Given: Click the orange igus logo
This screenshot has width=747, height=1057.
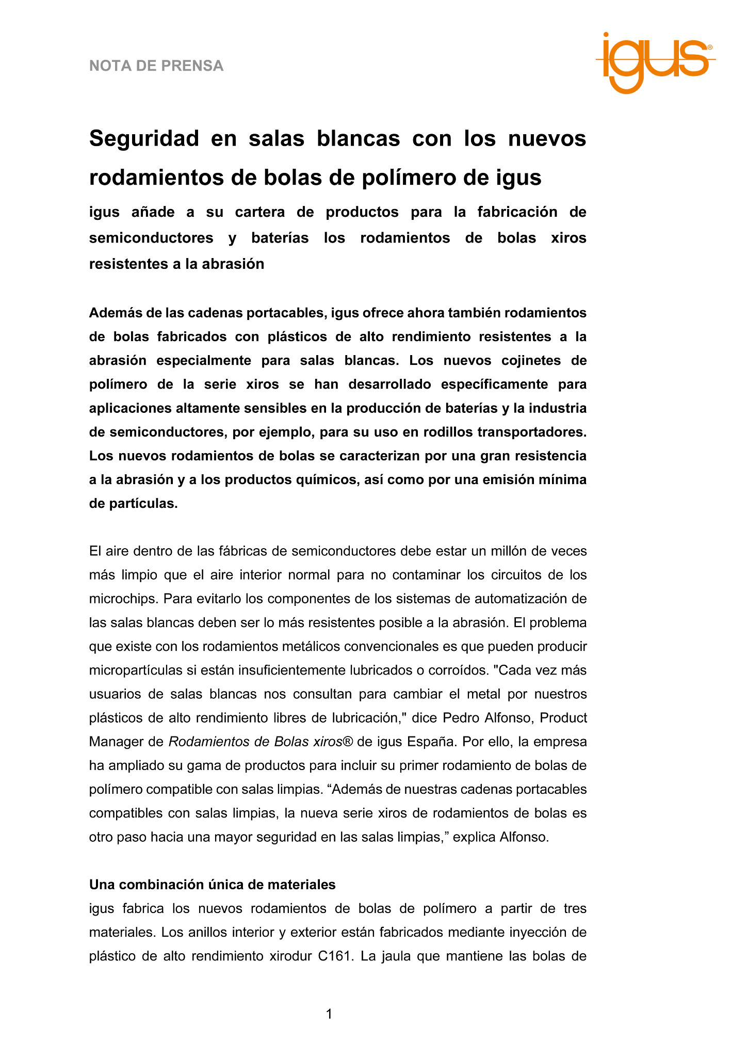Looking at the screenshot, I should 655,62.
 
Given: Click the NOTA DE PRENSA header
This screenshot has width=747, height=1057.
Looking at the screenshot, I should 156,66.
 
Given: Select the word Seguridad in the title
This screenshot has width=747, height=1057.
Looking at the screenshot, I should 144,139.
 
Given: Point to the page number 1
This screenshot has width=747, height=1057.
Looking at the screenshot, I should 329,1015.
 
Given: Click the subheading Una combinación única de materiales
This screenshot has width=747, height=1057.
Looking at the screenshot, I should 212,885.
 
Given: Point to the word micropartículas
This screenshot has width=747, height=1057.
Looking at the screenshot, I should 136,670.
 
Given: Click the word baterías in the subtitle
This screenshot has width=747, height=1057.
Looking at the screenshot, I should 280,238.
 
